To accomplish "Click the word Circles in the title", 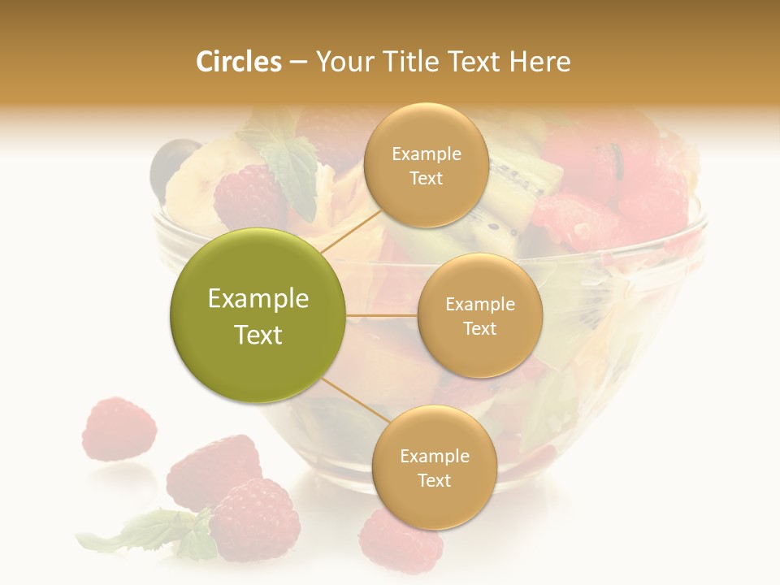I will click(238, 62).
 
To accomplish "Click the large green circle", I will click(258, 315).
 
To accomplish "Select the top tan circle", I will click(426, 165).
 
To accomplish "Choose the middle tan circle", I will click(479, 315).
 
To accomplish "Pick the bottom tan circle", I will click(434, 467).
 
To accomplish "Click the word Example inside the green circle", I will click(258, 299).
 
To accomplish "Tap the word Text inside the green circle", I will click(258, 335).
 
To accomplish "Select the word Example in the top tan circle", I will click(426, 154).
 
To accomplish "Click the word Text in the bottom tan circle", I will click(434, 480).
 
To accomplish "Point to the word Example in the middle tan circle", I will click(479, 304).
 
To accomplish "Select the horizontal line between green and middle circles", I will click(382, 315).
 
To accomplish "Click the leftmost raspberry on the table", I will click(119, 429).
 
